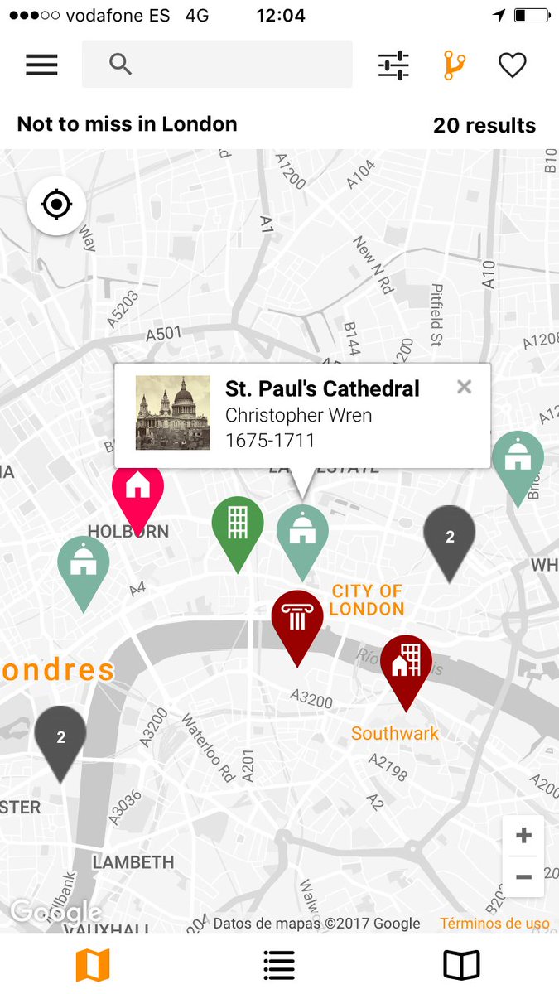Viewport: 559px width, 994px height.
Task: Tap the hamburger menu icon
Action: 41,65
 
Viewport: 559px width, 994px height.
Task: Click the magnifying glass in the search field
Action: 121,65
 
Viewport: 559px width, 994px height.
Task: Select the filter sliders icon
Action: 393,65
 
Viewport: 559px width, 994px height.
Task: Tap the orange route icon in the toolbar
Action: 454,65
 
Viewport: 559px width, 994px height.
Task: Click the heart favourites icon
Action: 512,65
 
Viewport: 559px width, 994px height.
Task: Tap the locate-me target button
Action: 56,205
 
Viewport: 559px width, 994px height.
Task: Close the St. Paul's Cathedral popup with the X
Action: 464,387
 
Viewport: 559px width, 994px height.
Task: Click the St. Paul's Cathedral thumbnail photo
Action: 173,413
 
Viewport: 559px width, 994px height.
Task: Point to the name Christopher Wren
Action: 298,415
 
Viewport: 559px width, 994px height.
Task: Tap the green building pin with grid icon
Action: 238,524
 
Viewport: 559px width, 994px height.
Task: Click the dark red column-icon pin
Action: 297,618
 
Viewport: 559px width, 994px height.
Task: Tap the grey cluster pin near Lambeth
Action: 60,736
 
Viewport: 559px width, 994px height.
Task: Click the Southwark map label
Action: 395,733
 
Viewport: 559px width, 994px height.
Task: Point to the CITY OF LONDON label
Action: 366,600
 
